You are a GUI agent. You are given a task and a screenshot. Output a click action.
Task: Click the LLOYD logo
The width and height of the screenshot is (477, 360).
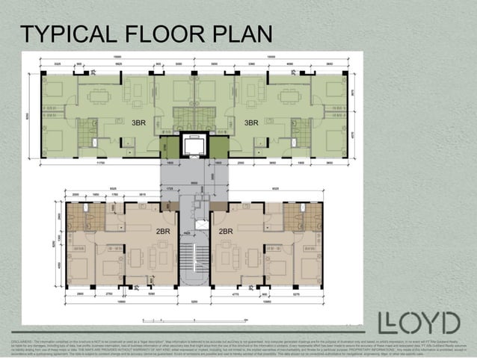click(x=418, y=323)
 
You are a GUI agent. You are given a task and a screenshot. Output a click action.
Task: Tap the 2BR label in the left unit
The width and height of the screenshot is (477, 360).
click(x=164, y=232)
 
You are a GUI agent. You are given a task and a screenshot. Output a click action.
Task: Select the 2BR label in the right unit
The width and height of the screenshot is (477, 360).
click(x=226, y=232)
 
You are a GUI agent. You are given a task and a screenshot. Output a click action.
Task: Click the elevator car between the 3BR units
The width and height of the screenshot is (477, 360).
click(x=194, y=144)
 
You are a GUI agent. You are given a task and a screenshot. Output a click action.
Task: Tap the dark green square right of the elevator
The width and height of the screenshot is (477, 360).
click(x=219, y=146)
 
